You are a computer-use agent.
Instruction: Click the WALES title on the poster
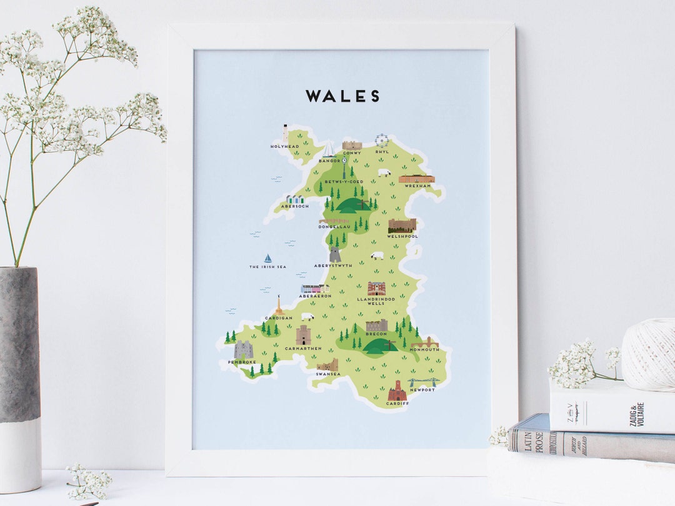coord(342,96)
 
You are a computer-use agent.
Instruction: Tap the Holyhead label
coord(284,146)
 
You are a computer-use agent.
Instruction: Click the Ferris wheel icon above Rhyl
coord(381,141)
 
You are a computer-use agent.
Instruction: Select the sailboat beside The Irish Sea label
coord(268,258)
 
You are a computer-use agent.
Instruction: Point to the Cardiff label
coord(397,404)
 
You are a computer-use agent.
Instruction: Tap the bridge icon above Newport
coord(422,382)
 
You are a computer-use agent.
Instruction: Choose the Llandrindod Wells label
coord(376,301)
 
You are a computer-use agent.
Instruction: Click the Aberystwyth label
coord(333,265)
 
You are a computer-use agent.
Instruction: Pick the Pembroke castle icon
coord(243,350)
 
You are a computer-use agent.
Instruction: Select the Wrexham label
coord(417,186)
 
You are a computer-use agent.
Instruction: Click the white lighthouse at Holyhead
coord(285,134)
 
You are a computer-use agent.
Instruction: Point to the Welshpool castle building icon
coord(402,225)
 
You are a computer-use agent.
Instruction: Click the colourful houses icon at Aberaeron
coord(315,289)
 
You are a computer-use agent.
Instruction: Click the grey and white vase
coord(20,378)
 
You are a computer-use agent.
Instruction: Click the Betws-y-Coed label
coord(344,182)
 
